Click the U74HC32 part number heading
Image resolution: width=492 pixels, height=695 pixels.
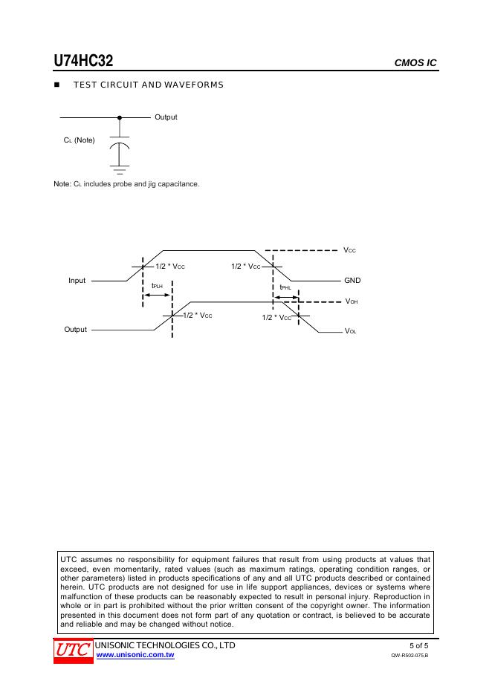pyautogui.click(x=82, y=61)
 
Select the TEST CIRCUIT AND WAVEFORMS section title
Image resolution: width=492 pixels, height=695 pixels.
pyautogui.click(x=148, y=85)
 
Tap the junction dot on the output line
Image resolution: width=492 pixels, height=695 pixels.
pyautogui.click(x=120, y=117)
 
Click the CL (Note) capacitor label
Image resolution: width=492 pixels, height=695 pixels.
pyautogui.click(x=80, y=140)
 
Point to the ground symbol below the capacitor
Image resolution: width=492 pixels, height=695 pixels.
pyautogui.click(x=120, y=169)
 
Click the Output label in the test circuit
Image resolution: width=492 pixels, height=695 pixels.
pyautogui.click(x=166, y=117)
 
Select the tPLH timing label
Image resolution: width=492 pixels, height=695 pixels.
pyautogui.click(x=157, y=286)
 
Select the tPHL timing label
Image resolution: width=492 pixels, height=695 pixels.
pyautogui.click(x=285, y=287)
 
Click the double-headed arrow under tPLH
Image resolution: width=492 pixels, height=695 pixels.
pyautogui.click(x=157, y=296)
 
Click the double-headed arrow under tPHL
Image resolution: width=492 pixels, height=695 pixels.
pyautogui.click(x=285, y=297)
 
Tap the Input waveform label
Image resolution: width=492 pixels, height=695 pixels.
pyautogui.click(x=77, y=281)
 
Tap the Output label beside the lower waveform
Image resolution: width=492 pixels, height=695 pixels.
pyautogui.click(x=75, y=330)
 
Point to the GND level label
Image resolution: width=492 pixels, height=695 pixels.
pyautogui.click(x=352, y=281)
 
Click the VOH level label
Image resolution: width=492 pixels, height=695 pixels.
pyautogui.click(x=352, y=302)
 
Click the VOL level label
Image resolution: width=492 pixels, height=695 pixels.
pyautogui.click(x=351, y=331)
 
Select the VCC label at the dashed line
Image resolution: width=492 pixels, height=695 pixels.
pyautogui.click(x=350, y=251)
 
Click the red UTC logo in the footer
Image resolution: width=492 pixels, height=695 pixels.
pyautogui.click(x=71, y=650)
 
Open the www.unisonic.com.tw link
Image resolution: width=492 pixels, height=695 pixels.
pyautogui.click(x=135, y=656)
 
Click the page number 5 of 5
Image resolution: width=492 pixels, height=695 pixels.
pyautogui.click(x=418, y=645)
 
